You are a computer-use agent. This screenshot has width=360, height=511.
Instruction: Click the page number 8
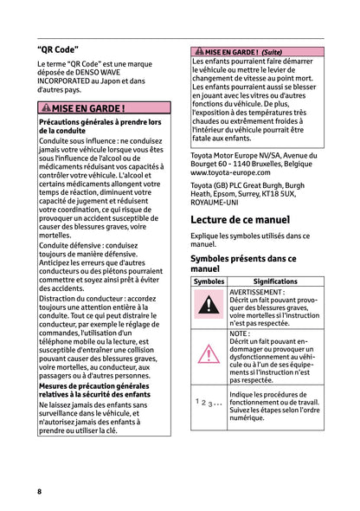[x=40, y=491]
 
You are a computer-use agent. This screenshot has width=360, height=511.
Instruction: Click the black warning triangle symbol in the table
[x=209, y=303]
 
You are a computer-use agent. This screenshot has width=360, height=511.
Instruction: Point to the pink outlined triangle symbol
[x=209, y=353]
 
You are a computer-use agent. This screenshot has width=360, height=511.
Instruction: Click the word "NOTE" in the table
[x=241, y=333]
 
